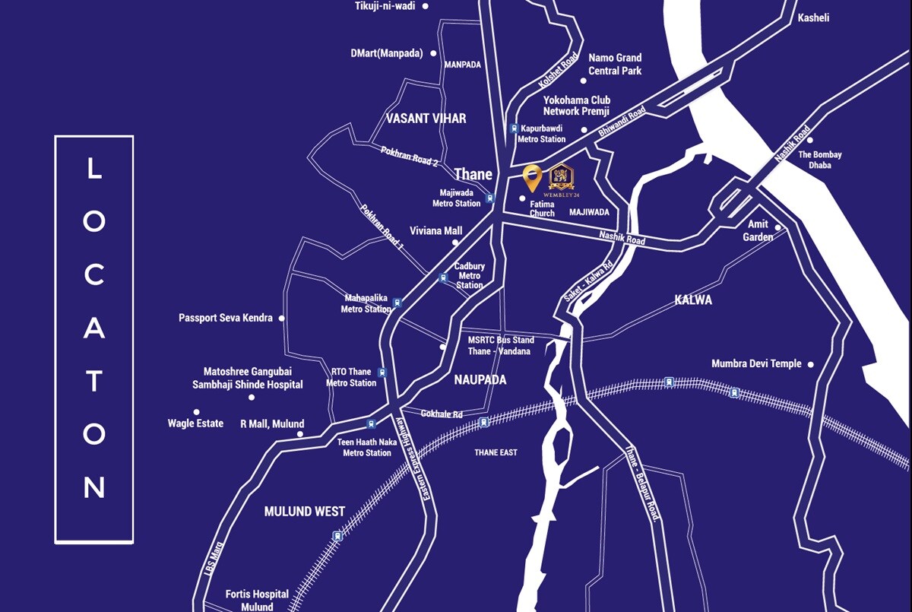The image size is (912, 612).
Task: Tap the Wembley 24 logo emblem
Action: (561, 177)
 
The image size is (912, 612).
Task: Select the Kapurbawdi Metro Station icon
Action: (515, 128)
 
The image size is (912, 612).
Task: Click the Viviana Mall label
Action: (435, 230)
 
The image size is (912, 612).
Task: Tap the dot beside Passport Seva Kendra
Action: (282, 319)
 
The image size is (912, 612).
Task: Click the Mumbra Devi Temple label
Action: (756, 363)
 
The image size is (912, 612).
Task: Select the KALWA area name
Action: (693, 300)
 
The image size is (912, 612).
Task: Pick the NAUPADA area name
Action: (480, 379)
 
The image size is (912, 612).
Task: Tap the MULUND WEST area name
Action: (304, 512)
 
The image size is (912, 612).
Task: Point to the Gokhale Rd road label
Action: (442, 414)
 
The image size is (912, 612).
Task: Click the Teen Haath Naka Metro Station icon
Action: (371, 424)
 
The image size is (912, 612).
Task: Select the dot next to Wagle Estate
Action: (197, 412)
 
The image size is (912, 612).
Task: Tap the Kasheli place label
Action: (813, 17)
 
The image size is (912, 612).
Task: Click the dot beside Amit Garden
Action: (777, 227)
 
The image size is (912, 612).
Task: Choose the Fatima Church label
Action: (542, 209)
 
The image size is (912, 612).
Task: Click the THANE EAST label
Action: (496, 452)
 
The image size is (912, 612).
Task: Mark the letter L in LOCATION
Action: (93, 168)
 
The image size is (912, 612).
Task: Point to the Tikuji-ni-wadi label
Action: (385, 6)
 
